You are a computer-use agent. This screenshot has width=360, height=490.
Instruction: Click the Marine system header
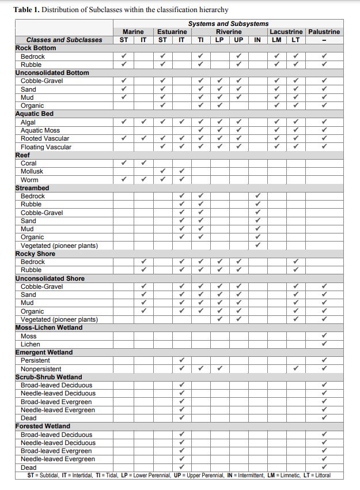[x=133, y=32]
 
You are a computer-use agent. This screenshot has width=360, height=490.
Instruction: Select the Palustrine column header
[x=324, y=32]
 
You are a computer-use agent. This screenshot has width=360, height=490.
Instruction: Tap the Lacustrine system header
[x=286, y=32]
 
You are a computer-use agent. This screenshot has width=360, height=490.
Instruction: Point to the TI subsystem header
[x=200, y=40]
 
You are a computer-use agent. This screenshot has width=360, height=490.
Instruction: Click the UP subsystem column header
[x=238, y=40]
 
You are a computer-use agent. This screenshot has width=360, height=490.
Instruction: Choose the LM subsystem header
[x=276, y=40]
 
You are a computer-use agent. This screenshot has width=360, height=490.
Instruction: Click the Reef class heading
[x=22, y=155]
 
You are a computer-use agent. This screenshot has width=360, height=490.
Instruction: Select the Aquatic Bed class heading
[x=34, y=114]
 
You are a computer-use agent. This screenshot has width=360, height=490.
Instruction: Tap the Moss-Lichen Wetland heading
[x=48, y=327]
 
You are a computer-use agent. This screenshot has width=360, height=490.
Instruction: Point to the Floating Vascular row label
[x=46, y=147]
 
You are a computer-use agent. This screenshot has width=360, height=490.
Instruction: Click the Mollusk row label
[x=32, y=172]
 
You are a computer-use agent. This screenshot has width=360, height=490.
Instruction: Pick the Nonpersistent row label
[x=41, y=369]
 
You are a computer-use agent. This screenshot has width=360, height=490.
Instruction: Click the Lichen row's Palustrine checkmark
[x=324, y=344]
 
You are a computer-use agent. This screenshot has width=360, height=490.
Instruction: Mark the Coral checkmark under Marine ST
[x=124, y=163]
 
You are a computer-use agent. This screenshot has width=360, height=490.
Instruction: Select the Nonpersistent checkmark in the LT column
[x=295, y=369]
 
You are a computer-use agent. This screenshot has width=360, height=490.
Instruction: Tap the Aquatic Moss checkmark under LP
[x=219, y=130]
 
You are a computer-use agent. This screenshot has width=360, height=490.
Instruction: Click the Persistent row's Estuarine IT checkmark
[x=181, y=360]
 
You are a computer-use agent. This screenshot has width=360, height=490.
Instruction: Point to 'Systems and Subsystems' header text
[x=228, y=24]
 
